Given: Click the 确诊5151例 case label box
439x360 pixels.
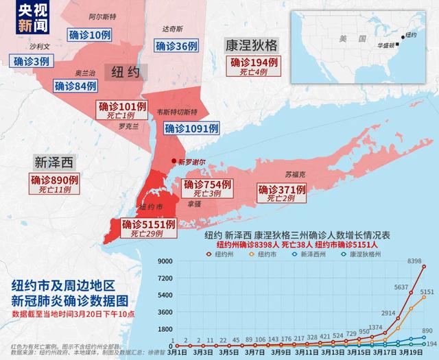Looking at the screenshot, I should pos(149,224).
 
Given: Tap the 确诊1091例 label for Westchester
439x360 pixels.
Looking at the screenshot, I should pos(191,128).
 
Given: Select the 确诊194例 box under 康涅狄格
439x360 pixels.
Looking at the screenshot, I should pos(254,62).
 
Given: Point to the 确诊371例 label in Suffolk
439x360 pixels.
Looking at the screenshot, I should pos(281,189).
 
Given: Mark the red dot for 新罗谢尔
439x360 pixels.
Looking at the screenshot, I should pos(174,160).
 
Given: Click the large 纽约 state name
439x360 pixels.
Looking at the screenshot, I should pos(125,71).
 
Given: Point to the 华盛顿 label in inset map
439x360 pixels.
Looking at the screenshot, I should pos(389,45).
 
